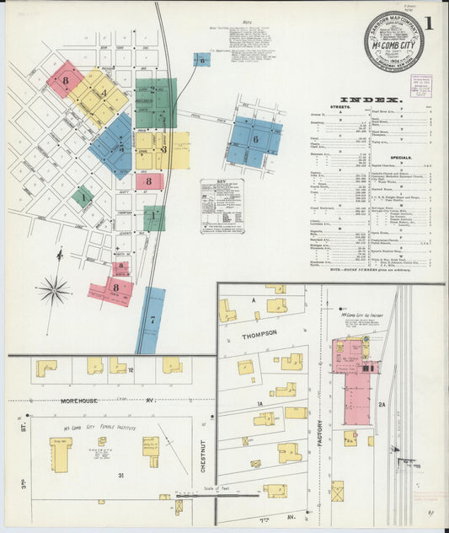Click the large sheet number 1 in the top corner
430,23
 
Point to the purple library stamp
420,85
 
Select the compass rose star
54,291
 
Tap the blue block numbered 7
151,320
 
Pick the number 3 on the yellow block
164,149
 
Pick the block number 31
121,476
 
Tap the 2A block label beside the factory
381,405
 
